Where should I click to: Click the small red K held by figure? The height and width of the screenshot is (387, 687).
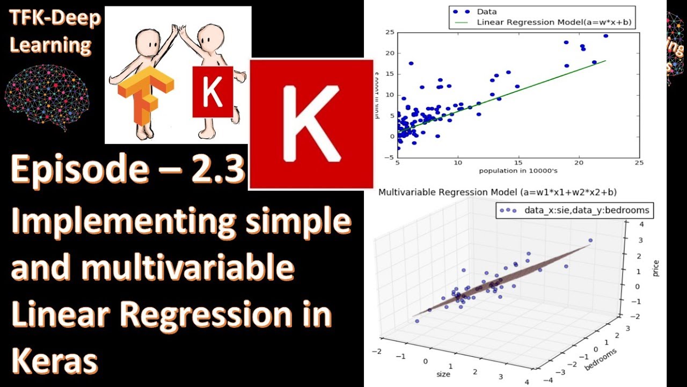point(213,92)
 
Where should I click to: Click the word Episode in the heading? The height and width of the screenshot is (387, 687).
point(81,169)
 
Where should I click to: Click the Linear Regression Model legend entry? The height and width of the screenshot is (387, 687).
point(537,21)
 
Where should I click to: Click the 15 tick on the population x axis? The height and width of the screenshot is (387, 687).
point(518,162)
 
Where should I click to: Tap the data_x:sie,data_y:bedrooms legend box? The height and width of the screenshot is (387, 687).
point(574,210)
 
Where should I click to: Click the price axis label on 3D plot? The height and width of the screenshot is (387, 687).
point(656,268)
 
